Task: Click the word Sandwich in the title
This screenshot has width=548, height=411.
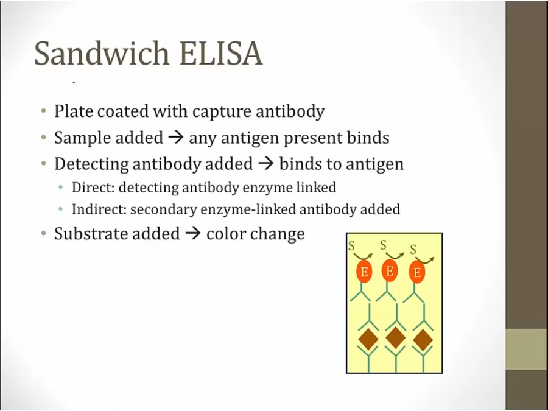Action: (102, 53)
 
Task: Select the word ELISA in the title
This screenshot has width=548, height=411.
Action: (221, 53)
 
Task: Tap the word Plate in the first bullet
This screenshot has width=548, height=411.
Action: (74, 111)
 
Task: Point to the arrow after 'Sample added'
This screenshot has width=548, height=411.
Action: (176, 138)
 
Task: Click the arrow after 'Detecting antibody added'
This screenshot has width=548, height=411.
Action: (265, 164)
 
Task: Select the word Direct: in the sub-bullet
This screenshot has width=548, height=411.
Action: (93, 188)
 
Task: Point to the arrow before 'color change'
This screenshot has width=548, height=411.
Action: (193, 233)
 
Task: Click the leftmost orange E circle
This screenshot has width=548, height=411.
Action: (364, 272)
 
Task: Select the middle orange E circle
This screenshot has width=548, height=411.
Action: (390, 270)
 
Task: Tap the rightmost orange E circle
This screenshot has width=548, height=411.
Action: (416, 272)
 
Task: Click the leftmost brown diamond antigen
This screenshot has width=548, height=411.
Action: (368, 339)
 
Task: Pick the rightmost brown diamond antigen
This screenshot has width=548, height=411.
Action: (423, 339)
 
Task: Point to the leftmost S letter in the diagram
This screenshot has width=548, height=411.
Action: (351, 246)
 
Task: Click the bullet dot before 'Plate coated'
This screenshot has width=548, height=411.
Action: (43, 111)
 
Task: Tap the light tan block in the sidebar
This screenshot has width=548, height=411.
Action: (527, 349)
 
